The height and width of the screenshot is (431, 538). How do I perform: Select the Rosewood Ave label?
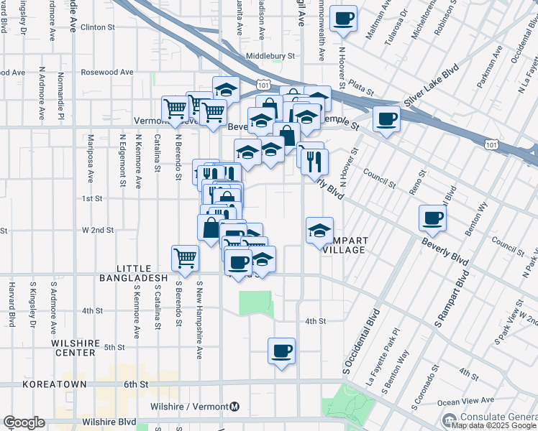(106, 73)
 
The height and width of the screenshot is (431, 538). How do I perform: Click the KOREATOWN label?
(55, 384)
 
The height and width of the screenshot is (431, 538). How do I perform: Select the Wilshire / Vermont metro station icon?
(234, 407)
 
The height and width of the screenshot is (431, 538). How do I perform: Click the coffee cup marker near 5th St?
(281, 351)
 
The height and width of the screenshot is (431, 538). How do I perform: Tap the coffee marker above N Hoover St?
(343, 18)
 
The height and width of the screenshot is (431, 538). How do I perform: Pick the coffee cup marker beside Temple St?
(386, 119)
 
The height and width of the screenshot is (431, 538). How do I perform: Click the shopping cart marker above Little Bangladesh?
(186, 258)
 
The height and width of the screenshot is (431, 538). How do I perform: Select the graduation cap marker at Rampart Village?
(319, 231)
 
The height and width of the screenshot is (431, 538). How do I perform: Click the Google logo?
(24, 422)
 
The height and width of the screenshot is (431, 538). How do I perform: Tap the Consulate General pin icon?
(450, 419)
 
